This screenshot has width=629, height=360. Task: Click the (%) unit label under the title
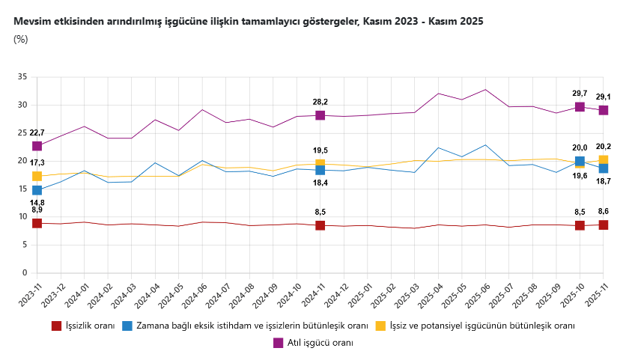tap(21, 39)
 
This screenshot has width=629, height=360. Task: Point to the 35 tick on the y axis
tap(22, 77)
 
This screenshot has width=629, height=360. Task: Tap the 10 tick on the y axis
tap(22, 217)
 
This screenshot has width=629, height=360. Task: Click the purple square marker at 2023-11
tap(37, 146)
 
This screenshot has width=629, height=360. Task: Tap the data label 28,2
tap(320, 102)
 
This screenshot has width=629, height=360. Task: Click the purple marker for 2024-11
tap(320, 115)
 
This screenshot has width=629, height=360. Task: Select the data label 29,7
tap(579, 94)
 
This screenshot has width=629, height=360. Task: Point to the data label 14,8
tap(37, 202)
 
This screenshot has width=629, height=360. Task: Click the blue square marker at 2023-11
tap(37, 190)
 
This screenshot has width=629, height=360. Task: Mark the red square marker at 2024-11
tap(320, 225)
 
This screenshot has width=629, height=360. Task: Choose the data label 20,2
tap(603, 147)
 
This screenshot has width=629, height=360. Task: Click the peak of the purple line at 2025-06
tap(485, 90)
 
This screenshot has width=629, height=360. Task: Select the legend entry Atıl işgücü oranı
tap(320, 342)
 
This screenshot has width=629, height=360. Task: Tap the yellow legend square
tap(380, 326)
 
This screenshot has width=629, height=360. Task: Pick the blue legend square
tap(127, 326)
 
